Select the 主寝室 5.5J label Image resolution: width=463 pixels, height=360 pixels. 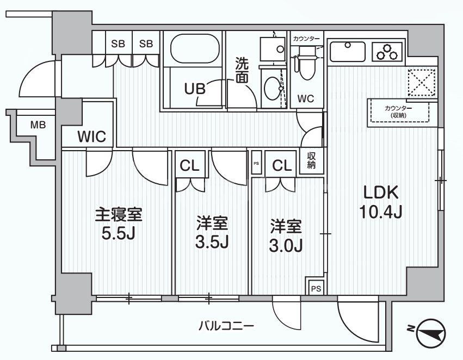(x=119, y=224)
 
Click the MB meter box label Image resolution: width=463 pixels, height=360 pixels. (x=38, y=125)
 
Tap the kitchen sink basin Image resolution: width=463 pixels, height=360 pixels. (x=348, y=52)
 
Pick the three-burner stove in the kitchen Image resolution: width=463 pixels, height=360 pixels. (x=387, y=52)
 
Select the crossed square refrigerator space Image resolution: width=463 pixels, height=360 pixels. (x=422, y=83)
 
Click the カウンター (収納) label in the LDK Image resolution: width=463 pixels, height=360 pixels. (x=400, y=112)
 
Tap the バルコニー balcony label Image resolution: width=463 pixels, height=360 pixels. (x=226, y=326)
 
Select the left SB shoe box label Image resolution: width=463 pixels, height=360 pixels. (x=118, y=44)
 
